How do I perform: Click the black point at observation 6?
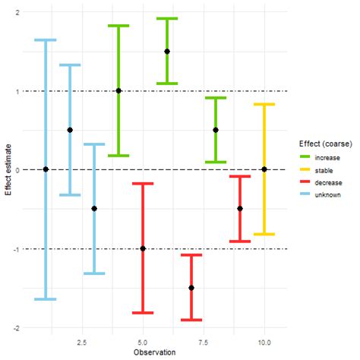[167, 52]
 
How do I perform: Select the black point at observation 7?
[191, 288]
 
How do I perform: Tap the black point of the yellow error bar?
[264, 169]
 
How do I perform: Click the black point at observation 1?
[46, 169]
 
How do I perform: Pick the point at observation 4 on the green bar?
[118, 91]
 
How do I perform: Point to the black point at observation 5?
[143, 248]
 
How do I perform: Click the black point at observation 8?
[216, 130]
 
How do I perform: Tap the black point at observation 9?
[240, 209]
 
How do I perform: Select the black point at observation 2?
[70, 130]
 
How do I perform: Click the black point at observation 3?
[94, 209]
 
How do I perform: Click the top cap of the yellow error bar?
[264, 105]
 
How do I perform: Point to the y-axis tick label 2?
[17, 13]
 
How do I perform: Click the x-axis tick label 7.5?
[216, 342]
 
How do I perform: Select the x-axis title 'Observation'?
[155, 353]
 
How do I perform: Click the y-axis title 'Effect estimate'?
[7, 169]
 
